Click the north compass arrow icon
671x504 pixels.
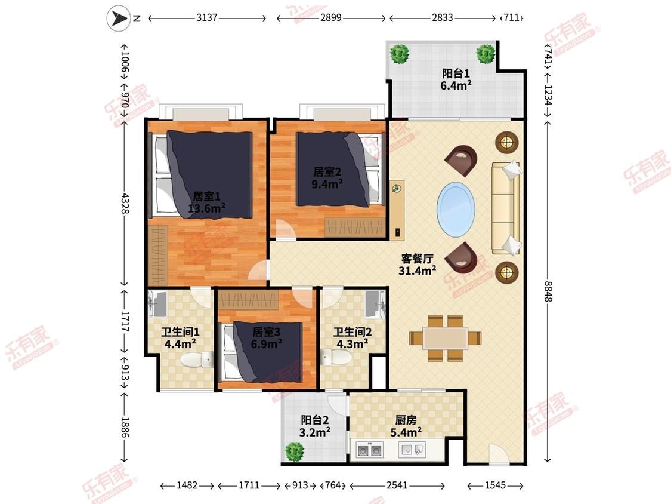tap(118, 18)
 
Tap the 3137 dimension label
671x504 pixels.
tap(207, 18)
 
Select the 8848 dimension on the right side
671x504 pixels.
tap(548, 291)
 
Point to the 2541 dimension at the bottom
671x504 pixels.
tap(397, 485)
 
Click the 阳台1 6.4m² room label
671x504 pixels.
tap(456, 79)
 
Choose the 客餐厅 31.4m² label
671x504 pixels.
tap(418, 265)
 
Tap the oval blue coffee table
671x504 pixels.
tap(456, 209)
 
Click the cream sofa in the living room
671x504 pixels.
tap(506, 208)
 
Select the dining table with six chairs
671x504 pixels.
tap(445, 338)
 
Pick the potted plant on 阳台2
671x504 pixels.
tap(295, 451)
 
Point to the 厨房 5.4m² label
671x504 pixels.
tap(406, 426)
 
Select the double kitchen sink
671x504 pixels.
tap(370, 450)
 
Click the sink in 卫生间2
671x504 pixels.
tap(375, 304)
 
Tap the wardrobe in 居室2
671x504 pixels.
tap(355, 226)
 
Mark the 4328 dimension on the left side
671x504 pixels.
tap(125, 203)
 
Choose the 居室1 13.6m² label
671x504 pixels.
tap(207, 202)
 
